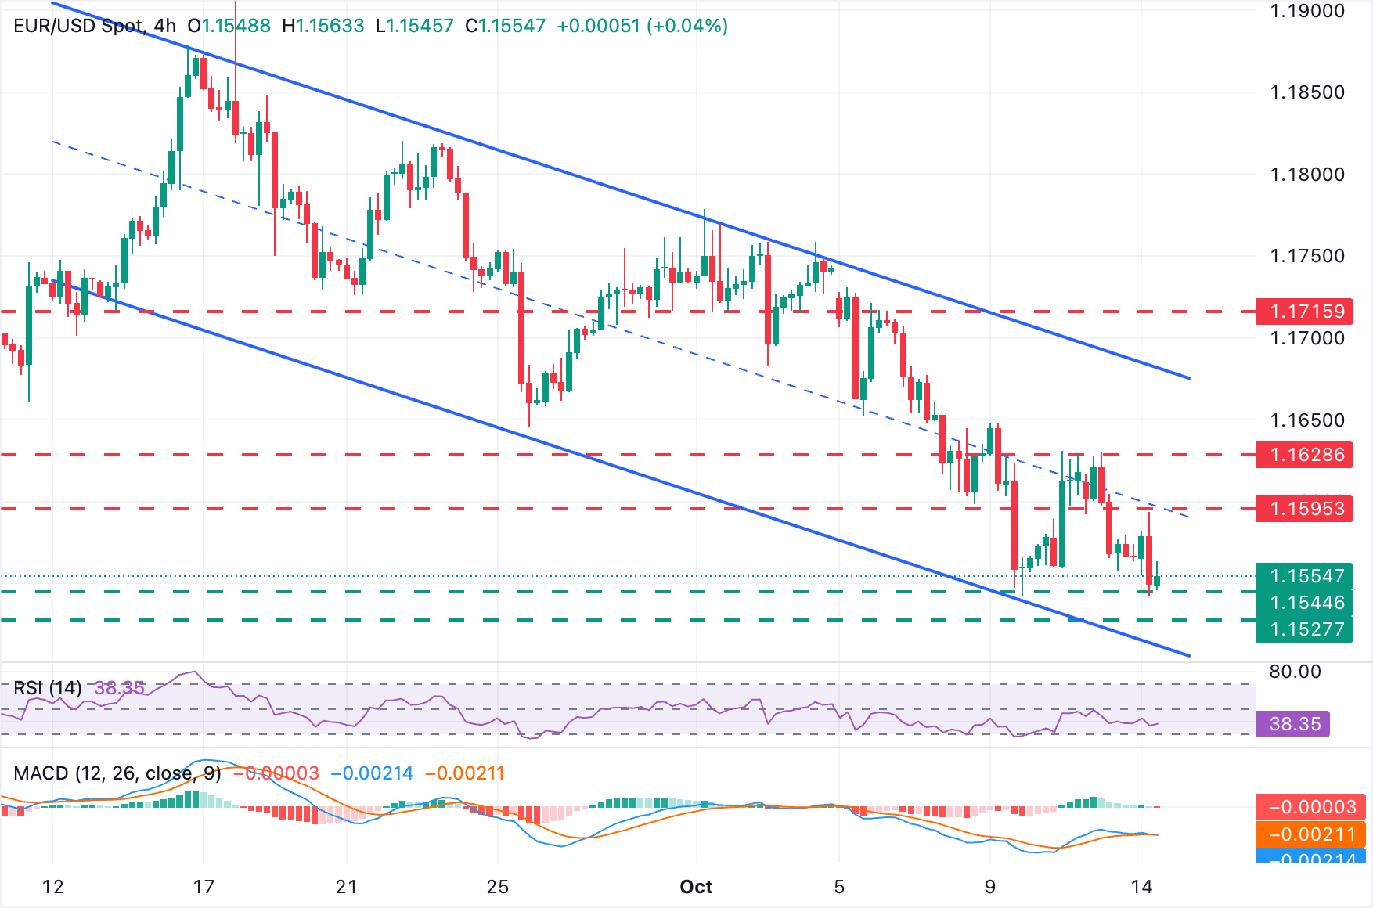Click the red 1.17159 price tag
point(1305,312)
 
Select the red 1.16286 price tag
point(1305,455)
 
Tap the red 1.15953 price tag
point(1305,509)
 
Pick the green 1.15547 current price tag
point(1305,576)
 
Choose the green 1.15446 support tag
point(1305,603)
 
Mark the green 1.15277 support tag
point(1305,629)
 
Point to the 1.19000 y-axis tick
point(1306,11)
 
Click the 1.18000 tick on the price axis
point(1306,174)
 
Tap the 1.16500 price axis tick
point(1306,420)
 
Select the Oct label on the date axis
point(696,887)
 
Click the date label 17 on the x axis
point(204,887)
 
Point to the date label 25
point(498,887)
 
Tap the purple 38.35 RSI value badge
point(1293,724)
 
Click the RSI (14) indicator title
point(47,688)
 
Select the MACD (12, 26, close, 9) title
point(117,773)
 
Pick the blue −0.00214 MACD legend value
point(372,773)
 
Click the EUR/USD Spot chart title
point(79,26)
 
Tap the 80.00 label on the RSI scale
point(1295,672)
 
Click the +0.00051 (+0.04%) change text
point(642,26)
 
